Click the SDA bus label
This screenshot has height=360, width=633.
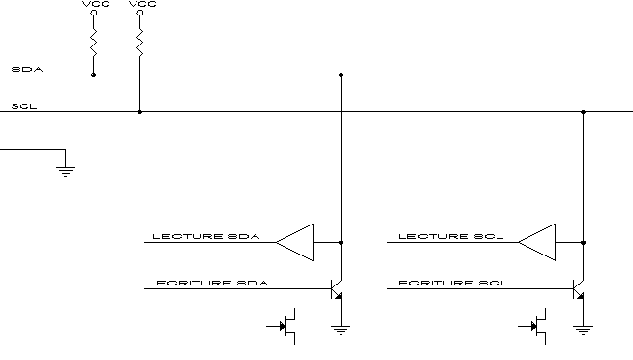coord(27,69)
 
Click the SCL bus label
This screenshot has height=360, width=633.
coord(24,106)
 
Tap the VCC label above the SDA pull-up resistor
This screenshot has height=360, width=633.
coord(96,4)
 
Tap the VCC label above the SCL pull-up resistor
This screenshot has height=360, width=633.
coord(142,4)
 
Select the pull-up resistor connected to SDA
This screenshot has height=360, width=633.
coord(94,43)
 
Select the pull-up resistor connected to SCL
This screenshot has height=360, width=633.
coord(140,43)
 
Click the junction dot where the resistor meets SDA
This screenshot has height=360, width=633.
coord(93,75)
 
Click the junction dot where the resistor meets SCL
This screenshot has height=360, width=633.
coord(140,112)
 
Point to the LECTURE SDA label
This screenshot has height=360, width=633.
coord(206,236)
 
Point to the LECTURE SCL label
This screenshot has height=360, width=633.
coord(451,236)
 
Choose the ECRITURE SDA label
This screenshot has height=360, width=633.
coord(212,283)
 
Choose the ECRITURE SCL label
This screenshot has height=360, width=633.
coord(453,283)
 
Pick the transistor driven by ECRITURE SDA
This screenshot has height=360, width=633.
coord(336,289)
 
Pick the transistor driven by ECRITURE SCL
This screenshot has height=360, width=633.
coord(579,289)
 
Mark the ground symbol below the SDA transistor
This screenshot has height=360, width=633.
coord(341,330)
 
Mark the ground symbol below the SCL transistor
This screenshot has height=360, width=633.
coord(583,330)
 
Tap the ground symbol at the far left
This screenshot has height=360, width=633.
coord(66,172)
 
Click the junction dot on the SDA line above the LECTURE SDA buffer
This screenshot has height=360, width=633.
coord(341,75)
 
